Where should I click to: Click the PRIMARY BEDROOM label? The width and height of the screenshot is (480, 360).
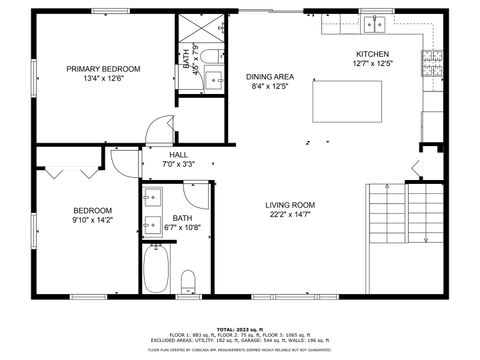(x=103, y=68)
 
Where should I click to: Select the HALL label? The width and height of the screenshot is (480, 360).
(x=179, y=155)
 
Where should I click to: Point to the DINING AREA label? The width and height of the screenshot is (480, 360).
(x=269, y=76)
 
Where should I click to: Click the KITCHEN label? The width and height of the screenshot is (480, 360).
(x=373, y=54)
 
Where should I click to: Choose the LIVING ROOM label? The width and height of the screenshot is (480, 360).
(x=290, y=204)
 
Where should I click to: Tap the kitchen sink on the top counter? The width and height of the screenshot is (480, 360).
(x=376, y=23)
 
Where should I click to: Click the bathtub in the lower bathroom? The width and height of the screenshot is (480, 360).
(x=155, y=269)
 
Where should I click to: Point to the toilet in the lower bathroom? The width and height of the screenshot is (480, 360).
(x=188, y=283)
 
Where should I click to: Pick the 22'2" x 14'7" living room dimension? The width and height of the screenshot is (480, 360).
(x=290, y=214)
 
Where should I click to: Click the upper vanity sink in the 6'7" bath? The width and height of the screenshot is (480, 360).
(x=152, y=195)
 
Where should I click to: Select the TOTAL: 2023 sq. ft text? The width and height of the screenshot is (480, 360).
(x=240, y=327)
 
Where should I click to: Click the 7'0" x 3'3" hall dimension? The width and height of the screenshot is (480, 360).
(x=179, y=164)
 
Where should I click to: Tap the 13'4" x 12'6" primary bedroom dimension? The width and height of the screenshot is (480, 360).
(x=103, y=79)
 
